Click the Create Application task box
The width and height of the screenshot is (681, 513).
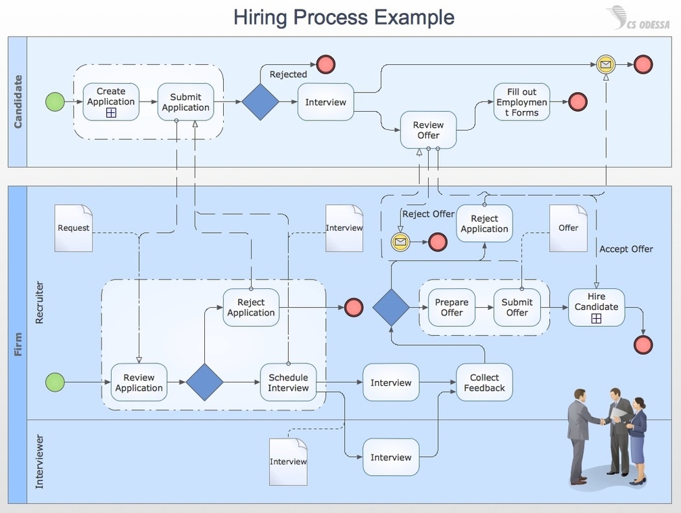(111, 102)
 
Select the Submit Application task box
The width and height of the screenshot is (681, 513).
(185, 102)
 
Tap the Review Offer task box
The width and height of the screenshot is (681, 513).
(428, 130)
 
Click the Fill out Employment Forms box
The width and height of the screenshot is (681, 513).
(521, 102)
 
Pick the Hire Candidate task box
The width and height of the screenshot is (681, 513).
(596, 307)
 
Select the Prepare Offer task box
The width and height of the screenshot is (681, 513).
(451, 307)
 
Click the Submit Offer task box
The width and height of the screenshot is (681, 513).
(517, 307)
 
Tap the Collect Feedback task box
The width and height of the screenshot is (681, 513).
(484, 382)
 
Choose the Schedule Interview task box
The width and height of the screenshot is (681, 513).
(288, 382)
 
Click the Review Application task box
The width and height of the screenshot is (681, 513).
(139, 382)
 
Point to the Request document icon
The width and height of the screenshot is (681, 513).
(73, 228)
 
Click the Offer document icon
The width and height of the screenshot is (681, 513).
(568, 228)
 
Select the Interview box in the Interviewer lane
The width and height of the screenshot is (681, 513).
(391, 458)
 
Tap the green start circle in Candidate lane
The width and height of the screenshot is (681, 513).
(55, 102)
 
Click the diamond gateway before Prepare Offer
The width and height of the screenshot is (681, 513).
(391, 307)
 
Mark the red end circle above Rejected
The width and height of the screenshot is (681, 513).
(326, 65)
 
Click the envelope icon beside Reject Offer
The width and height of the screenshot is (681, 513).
(400, 242)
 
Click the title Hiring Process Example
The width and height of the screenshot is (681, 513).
(344, 17)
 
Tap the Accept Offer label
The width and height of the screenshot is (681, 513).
(626, 249)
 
